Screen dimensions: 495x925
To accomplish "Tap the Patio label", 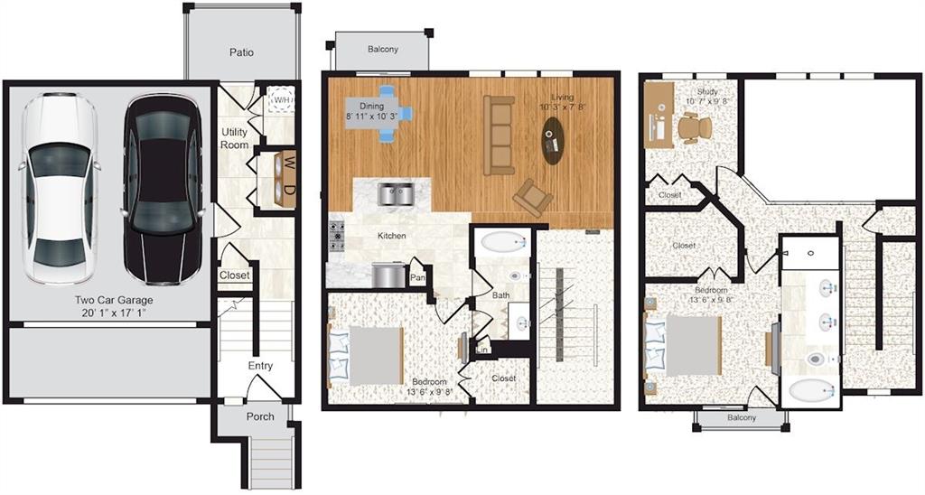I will coord(241,52).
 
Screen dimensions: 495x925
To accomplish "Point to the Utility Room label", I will coord(235,138).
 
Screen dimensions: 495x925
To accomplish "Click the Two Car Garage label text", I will coord(113,300).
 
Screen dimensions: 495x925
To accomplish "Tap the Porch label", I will coord(260,416).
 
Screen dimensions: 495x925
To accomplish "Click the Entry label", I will coord(261,366).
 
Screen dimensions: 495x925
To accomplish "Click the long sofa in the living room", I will coord(499,135).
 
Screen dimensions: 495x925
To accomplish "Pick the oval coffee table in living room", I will coord(554,142).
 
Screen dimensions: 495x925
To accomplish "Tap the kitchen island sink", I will coord(395,191).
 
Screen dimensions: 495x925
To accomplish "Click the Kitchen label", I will coord(391,236).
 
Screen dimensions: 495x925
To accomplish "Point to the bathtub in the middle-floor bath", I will coord(502,242).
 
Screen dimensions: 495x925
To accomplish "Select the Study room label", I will coord(706,91).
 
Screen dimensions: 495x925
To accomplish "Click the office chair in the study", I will coord(695,128).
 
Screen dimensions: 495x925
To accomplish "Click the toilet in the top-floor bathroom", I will coord(815,359).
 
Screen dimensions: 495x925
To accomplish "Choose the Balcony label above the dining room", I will coord(382,49).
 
